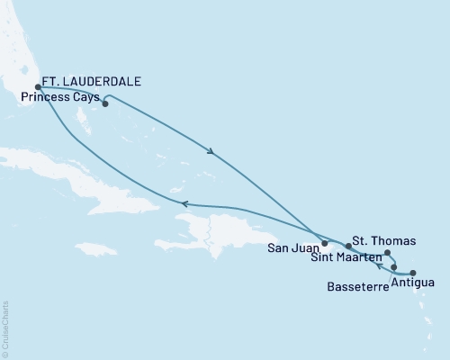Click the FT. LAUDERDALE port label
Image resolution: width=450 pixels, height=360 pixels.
coord(93,79)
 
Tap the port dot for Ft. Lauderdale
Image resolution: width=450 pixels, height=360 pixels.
coord(38,88)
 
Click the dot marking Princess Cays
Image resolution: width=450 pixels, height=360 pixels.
coord(105,103)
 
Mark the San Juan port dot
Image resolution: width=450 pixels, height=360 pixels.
coord(324,243)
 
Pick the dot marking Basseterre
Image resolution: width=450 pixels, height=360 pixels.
coord(394,267)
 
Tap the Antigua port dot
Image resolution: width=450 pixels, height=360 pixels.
coord(413,273)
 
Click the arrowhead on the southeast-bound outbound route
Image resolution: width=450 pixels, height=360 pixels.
coord(214,151)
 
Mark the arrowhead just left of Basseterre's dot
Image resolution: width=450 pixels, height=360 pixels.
coord(381,266)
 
